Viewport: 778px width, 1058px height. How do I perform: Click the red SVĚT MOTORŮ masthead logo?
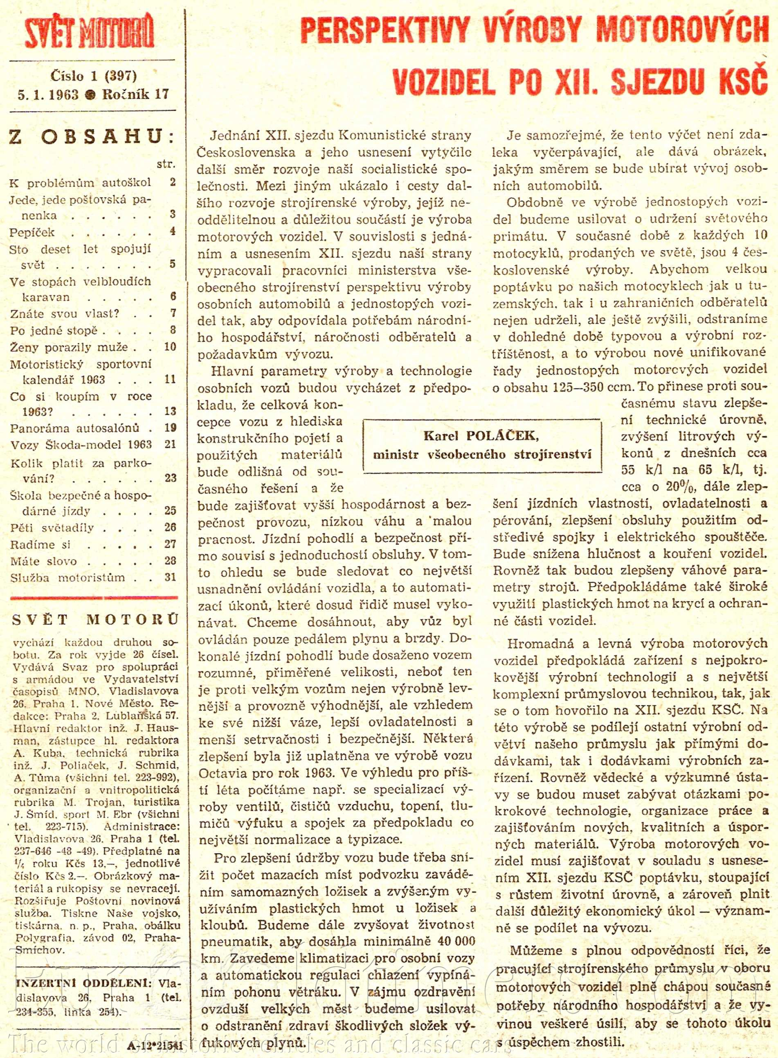(x=89, y=32)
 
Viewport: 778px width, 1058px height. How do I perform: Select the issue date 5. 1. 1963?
(x=48, y=94)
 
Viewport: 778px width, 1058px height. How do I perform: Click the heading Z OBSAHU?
(x=92, y=137)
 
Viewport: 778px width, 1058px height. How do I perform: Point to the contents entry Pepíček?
(x=32, y=233)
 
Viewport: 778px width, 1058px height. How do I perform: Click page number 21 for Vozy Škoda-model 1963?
(x=170, y=444)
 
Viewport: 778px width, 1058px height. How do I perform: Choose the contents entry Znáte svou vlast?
(x=65, y=314)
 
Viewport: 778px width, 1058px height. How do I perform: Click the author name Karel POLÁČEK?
(x=481, y=436)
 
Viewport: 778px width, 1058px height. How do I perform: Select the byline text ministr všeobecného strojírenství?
(x=482, y=455)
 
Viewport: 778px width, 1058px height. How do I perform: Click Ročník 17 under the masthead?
(x=136, y=94)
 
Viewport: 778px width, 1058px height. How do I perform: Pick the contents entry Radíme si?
(x=40, y=545)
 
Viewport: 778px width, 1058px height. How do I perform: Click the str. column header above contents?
(x=166, y=164)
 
